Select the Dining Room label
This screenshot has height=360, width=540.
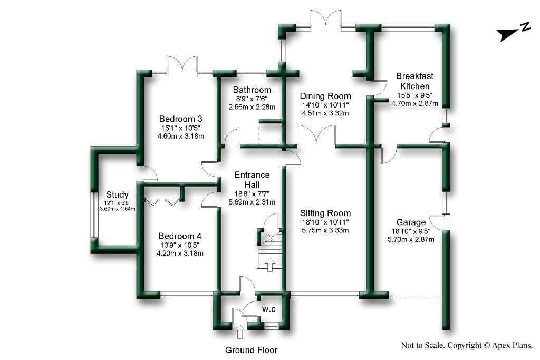(x=325, y=96)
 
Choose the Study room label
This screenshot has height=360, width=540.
(x=117, y=194)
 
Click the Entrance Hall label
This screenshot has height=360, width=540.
(x=252, y=179)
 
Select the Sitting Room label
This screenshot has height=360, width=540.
(x=325, y=213)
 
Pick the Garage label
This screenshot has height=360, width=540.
(x=410, y=222)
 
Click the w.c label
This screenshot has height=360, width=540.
(x=269, y=309)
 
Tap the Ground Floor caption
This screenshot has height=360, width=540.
(x=251, y=349)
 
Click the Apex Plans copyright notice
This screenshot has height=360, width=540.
(x=467, y=346)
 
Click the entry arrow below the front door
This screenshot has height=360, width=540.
(x=239, y=332)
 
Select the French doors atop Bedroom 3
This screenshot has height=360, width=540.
(x=182, y=64)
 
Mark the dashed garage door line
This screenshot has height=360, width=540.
(x=414, y=299)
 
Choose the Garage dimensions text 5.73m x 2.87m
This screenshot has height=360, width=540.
(x=410, y=240)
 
